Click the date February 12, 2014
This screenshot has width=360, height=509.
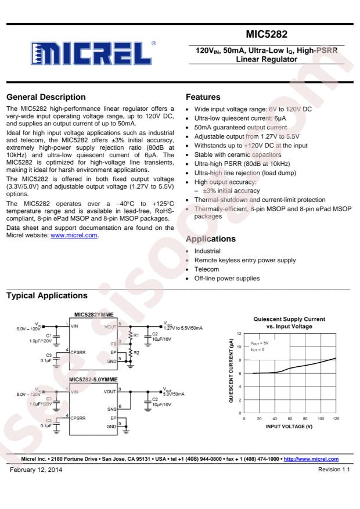pos(34,469)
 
